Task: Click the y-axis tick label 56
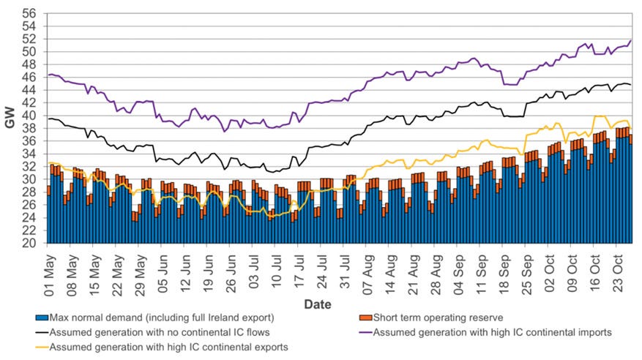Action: [29, 14]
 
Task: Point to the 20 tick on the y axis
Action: [29, 244]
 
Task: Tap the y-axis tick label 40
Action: [29, 116]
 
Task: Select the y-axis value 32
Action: [29, 167]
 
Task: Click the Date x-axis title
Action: [317, 304]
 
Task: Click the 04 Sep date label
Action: [457, 269]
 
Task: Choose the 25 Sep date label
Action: [525, 269]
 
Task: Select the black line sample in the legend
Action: [42, 333]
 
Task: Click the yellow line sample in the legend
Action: [42, 347]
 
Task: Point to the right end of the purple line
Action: [631, 41]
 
